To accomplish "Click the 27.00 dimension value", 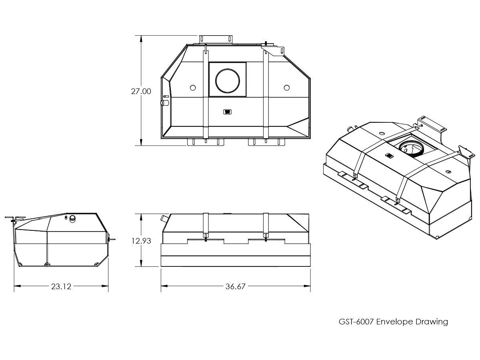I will (141, 91).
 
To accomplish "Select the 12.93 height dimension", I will (141, 241).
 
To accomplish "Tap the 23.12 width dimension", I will (61, 286).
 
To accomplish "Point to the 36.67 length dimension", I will (236, 286).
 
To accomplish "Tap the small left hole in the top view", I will (192, 88).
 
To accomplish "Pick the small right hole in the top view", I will (286, 88).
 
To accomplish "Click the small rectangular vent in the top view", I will (228, 112).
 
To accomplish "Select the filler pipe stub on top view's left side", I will (164, 103).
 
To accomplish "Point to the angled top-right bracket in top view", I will (273, 50).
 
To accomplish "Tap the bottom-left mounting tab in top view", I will (206, 142).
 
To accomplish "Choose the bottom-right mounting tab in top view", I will (266, 142).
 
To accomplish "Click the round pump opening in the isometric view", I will (411, 148).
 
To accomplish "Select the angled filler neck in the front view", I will (164, 218).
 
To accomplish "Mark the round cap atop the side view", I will (73, 218).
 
